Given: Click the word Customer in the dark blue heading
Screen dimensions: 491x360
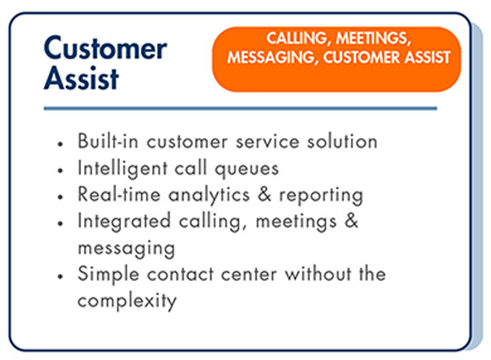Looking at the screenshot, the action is point(106,47).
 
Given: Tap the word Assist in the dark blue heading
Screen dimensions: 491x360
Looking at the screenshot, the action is point(82,78).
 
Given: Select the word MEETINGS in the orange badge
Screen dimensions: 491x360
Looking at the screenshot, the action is point(373,39).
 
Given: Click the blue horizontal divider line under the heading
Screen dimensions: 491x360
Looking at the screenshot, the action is point(240,108).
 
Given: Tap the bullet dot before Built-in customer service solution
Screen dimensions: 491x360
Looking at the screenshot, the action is point(60,144).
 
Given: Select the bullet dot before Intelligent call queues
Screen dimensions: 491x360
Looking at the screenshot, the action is point(60,170).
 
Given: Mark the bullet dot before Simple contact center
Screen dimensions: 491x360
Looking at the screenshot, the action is point(60,277).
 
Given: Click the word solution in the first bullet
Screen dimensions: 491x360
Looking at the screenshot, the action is point(342,141).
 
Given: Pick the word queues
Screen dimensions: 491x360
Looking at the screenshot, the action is point(246,169).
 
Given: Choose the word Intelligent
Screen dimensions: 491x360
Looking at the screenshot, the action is point(123,168).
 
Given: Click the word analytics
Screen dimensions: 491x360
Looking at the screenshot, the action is point(209,195).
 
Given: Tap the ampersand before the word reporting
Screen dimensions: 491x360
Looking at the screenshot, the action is point(264,194).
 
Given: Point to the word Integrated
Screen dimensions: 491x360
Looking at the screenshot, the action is point(124,221).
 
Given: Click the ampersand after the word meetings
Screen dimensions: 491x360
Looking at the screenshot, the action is point(351,221).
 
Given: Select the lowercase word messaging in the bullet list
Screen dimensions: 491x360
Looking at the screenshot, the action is point(126,249).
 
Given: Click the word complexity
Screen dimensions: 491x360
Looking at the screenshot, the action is point(127,301).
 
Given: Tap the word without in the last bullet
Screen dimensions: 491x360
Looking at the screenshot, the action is point(318,274).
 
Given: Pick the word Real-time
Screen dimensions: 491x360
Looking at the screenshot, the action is point(119,194).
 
